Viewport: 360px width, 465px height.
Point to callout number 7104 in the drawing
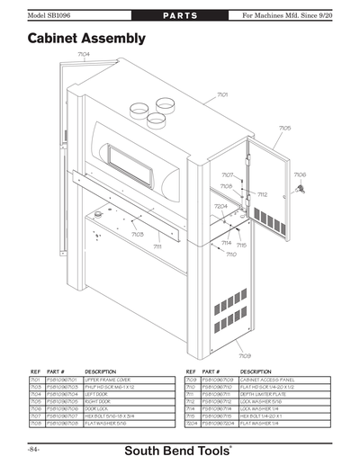coord(83,54)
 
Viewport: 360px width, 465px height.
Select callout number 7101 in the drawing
coord(222,94)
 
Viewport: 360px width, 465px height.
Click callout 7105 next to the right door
coord(284,129)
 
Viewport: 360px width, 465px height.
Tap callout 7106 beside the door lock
coord(301,174)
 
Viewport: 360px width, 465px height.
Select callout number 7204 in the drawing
coord(220,206)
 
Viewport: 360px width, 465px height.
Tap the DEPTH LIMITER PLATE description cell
coord(264,393)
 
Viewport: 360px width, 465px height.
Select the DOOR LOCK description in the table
coord(103,407)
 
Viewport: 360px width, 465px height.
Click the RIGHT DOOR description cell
coord(103,400)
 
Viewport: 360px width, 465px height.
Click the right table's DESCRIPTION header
coord(256,371)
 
